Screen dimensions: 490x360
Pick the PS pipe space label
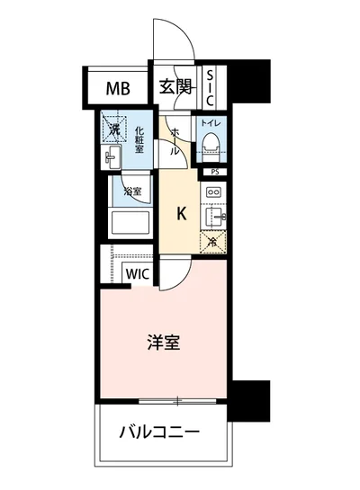tap(213, 171)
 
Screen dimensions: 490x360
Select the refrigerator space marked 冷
tap(212, 240)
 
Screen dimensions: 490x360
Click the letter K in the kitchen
tap(181, 214)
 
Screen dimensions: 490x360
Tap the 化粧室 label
tap(139, 140)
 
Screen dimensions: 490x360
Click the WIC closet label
tap(137, 273)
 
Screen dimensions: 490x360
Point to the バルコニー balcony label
tap(158, 432)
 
